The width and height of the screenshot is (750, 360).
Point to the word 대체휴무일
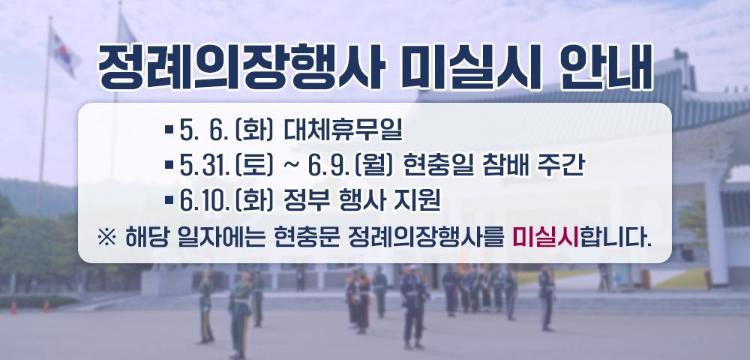click(343, 130)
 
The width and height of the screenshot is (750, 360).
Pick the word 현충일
click(432, 166)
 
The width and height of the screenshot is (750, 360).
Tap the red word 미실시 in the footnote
click(545, 238)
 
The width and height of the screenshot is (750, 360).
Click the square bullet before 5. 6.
click(169, 130)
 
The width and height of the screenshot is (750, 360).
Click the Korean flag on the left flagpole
click(64, 52)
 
